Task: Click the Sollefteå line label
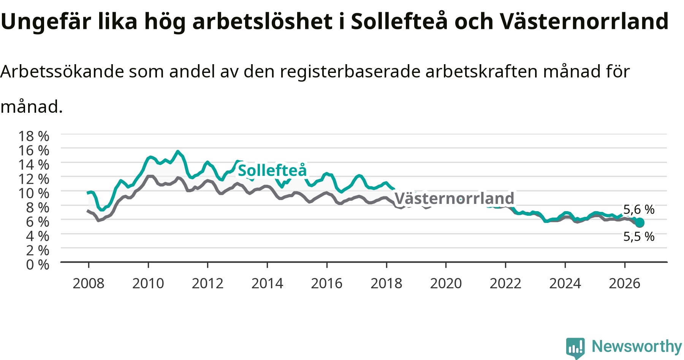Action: (x=272, y=171)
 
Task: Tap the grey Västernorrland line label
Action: (x=454, y=198)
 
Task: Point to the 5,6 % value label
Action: (x=639, y=209)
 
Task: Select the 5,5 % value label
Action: (x=639, y=237)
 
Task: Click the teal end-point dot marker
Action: (x=640, y=223)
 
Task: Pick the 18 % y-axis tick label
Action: (x=34, y=136)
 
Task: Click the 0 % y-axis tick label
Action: (x=38, y=264)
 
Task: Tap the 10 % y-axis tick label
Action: (x=34, y=193)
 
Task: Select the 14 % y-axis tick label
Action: (x=34, y=164)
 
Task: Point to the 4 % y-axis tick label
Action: (x=38, y=236)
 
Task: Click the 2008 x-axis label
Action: (x=89, y=283)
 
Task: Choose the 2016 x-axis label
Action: (x=327, y=283)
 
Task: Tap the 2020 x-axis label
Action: (x=446, y=283)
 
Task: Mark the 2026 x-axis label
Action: (x=625, y=283)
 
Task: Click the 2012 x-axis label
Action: (x=207, y=283)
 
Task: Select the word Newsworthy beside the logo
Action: (x=637, y=346)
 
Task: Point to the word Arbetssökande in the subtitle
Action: (x=62, y=71)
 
